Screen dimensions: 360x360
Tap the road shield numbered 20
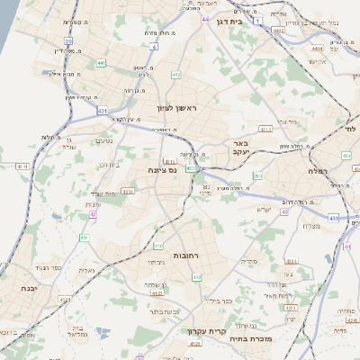[x=68, y=40]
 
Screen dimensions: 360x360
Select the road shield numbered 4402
[x=278, y=30]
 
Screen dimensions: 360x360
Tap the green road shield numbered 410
[x=158, y=245]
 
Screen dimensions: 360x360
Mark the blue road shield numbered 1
[x=257, y=19]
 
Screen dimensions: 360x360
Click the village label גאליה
[x=86, y=270]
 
